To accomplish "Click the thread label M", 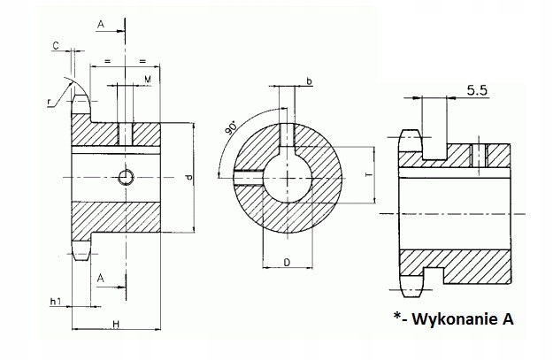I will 146,80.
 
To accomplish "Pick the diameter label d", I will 188,179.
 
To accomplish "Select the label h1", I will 55,303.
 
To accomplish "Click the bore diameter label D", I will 288,263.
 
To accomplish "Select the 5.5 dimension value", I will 476,88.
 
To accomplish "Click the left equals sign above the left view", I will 106,61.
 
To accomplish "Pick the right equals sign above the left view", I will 142,61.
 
